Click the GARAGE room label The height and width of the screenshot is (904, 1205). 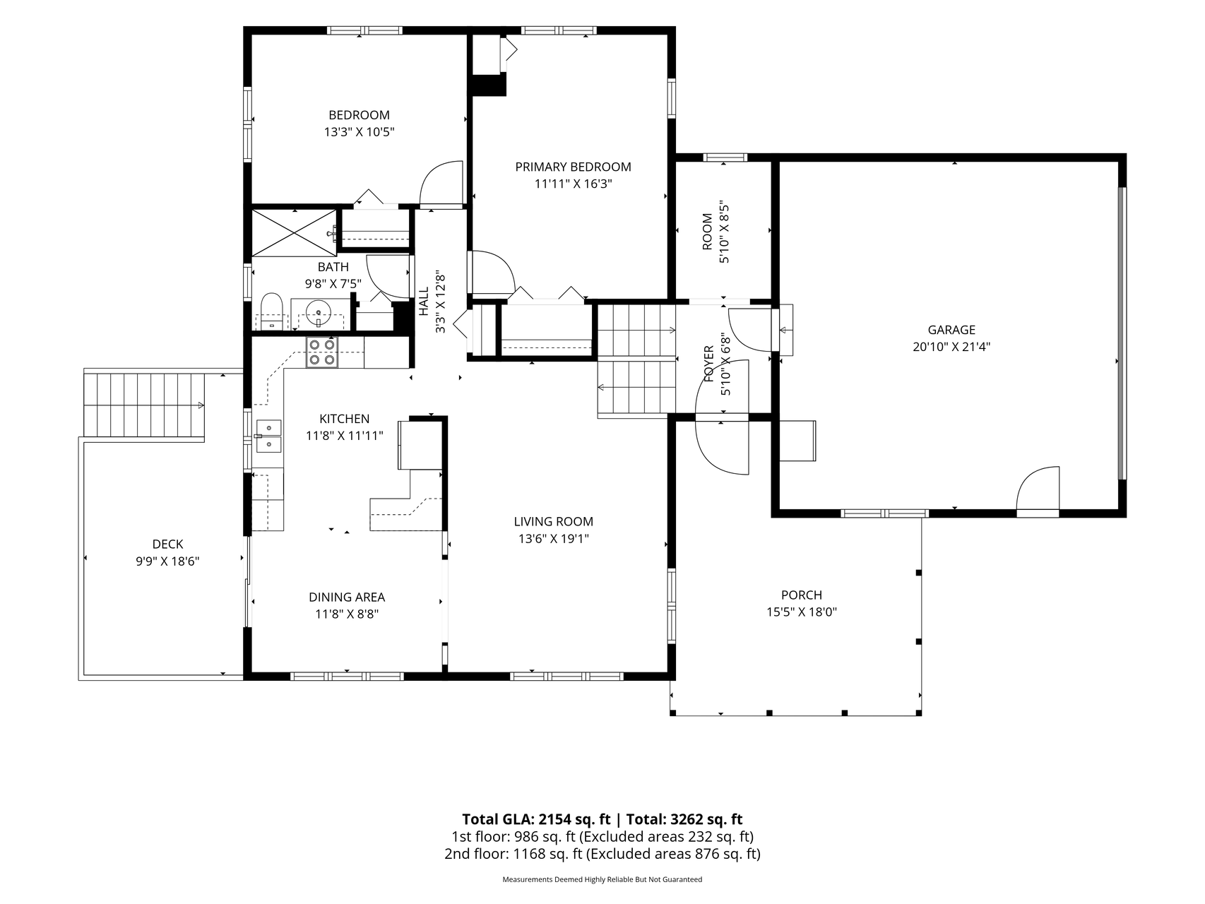tap(951, 330)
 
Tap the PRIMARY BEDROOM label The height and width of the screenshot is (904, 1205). tap(573, 167)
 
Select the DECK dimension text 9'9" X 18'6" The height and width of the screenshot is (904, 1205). tap(167, 561)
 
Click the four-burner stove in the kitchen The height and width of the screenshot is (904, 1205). tap(321, 352)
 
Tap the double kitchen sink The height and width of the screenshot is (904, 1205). tap(268, 436)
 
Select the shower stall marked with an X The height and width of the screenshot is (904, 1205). tap(294, 231)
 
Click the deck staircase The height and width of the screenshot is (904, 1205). tap(144, 405)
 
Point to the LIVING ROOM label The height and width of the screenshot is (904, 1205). tap(554, 522)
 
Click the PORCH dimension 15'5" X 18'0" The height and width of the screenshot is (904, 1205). tap(802, 612)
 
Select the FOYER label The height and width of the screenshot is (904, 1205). tap(708, 364)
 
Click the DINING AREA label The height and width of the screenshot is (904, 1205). tap(347, 597)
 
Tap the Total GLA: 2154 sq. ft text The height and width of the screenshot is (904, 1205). tap(536, 819)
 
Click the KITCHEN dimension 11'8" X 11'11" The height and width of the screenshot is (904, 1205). tap(345, 436)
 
